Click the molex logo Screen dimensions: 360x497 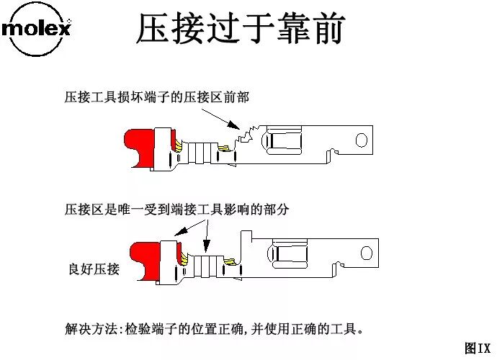tap(37, 30)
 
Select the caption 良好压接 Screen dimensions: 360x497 tap(94, 269)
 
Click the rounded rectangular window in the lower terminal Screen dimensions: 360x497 tap(288, 253)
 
